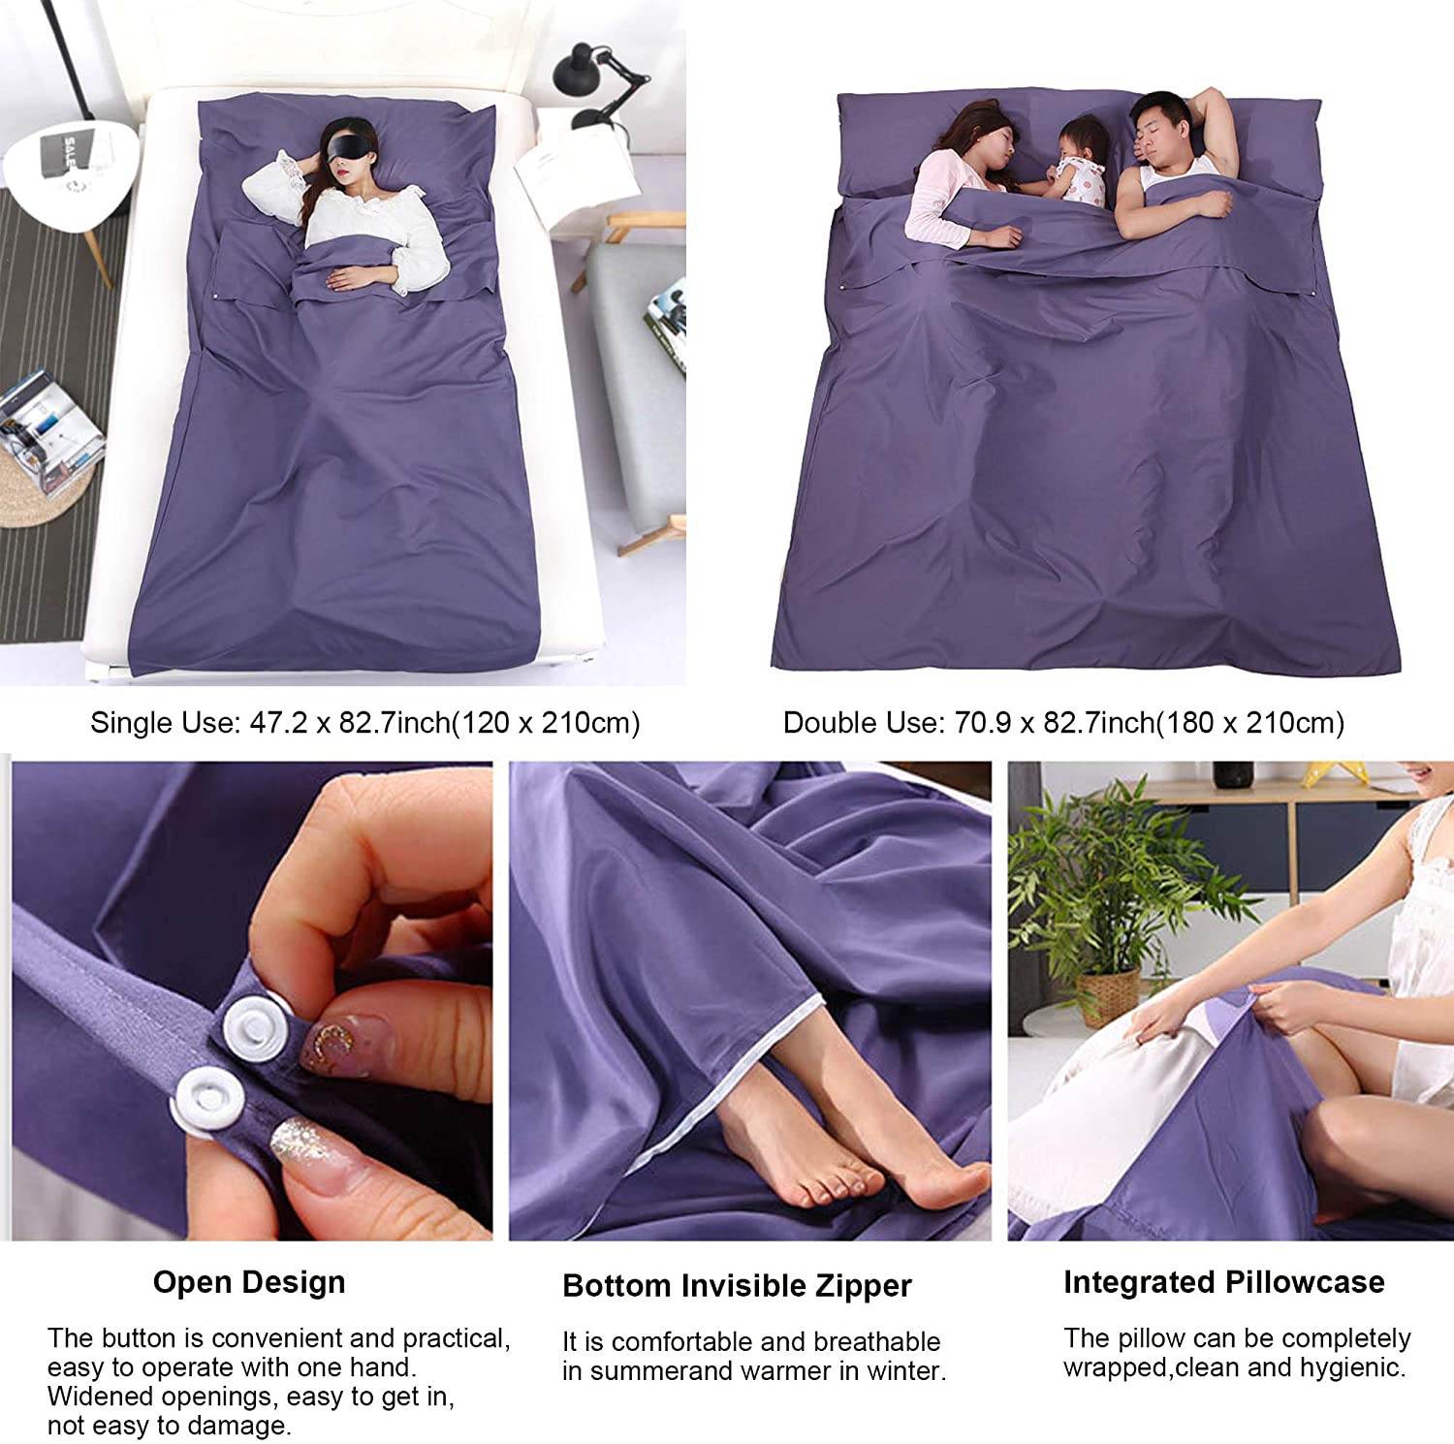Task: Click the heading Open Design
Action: pos(249,1282)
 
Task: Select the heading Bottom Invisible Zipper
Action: pos(737,1286)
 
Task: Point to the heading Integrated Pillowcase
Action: pos(1224,1282)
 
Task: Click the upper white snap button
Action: pos(254,1027)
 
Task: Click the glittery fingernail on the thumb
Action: pos(308,1151)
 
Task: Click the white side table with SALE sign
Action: pos(68,174)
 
